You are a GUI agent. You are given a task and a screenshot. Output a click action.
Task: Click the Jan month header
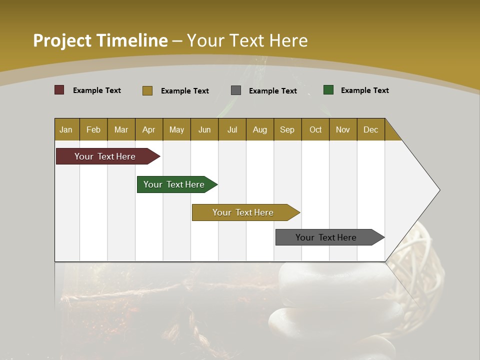tap(66, 129)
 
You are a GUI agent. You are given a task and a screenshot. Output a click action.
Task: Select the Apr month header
tap(149, 129)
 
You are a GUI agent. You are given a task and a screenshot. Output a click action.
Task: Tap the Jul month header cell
tap(232, 129)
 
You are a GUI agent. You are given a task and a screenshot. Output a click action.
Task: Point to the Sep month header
tap(287, 129)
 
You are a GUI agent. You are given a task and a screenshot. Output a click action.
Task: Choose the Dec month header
tap(370, 129)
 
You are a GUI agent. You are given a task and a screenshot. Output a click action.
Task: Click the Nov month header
tap(343, 129)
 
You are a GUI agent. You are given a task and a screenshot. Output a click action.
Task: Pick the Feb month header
tap(93, 129)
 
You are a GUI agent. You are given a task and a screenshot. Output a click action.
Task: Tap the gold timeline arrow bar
tap(243, 212)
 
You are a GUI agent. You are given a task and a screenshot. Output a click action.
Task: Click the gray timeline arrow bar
tap(326, 237)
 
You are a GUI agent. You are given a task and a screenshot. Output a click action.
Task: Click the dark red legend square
tap(59, 90)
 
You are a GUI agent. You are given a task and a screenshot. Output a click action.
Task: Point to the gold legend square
tap(147, 90)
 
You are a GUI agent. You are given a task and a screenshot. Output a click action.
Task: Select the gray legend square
tap(236, 90)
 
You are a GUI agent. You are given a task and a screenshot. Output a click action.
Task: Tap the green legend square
tap(328, 90)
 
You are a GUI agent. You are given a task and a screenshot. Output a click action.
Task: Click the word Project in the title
tap(61, 40)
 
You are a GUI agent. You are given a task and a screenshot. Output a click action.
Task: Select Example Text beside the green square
tap(364, 90)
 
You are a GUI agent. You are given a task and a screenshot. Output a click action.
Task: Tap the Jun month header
tap(204, 129)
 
